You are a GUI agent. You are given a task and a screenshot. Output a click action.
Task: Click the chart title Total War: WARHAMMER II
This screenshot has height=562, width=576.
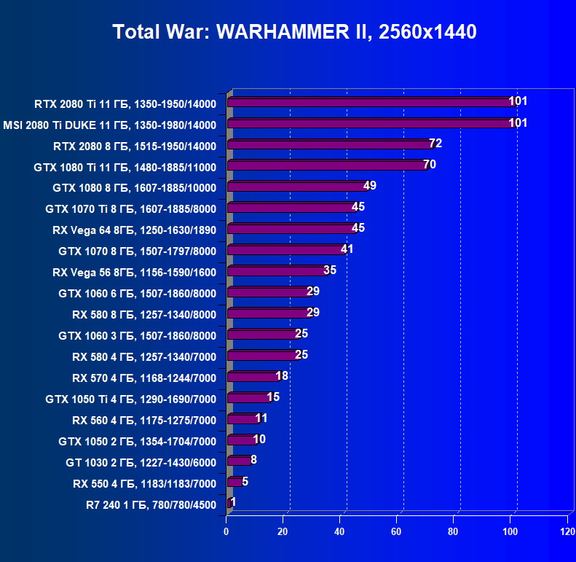coord(294,32)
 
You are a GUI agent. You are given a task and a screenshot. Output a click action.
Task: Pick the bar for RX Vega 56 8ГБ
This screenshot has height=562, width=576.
coord(277,271)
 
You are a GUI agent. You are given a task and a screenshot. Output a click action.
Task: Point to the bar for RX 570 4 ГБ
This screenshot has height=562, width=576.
coord(253,377)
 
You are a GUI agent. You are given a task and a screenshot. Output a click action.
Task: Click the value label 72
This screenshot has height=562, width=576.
coord(435,143)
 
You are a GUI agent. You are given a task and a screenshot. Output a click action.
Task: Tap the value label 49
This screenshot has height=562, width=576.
coord(369,185)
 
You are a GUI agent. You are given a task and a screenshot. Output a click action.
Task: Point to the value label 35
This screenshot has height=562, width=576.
coord(330,270)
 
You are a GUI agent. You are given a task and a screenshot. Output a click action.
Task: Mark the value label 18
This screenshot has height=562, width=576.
coord(282,375)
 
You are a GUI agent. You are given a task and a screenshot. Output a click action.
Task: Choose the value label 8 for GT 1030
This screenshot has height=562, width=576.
coord(253,459)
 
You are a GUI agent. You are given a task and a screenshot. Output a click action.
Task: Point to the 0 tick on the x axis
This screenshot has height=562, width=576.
coord(227,532)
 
